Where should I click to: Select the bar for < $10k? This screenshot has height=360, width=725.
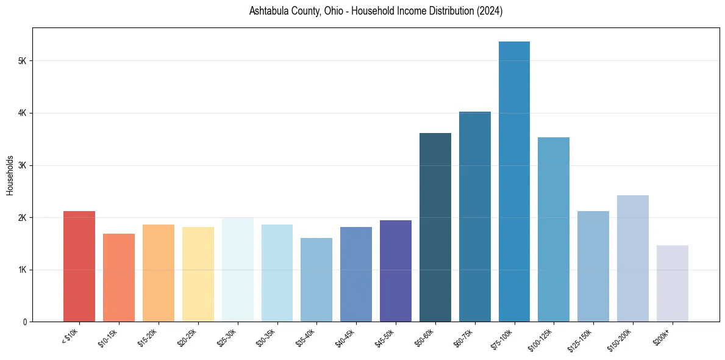(79, 266)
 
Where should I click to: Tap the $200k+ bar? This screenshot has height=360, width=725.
(672, 283)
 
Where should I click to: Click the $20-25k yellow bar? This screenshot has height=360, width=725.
(198, 274)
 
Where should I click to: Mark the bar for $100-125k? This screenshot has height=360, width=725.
(554, 229)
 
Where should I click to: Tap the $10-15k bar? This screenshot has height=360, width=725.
(119, 278)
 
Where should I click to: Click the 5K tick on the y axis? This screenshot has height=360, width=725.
(23, 61)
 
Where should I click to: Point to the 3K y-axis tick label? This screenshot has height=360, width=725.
(23, 165)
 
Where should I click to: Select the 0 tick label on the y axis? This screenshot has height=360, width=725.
(25, 322)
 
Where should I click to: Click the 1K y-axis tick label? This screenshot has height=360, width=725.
(23, 270)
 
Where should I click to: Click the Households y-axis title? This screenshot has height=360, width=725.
(10, 175)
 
